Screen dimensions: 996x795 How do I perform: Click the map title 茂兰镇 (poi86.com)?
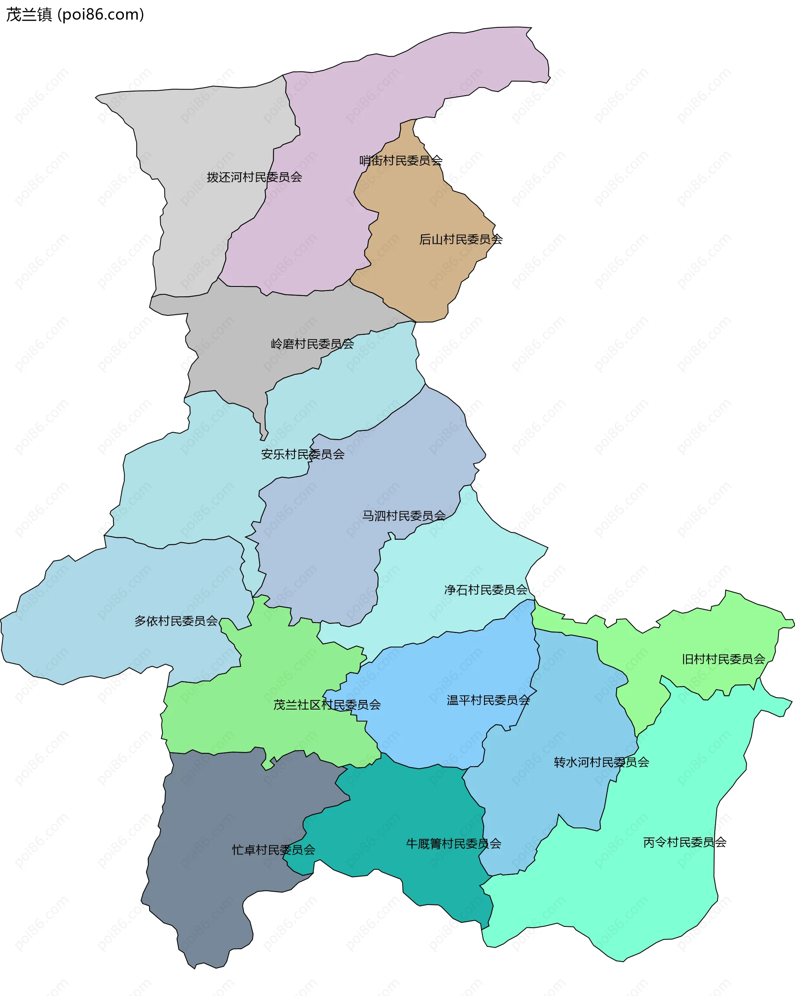click(75, 15)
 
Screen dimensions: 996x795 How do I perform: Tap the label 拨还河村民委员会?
click(254, 178)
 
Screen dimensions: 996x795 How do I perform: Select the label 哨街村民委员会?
click(401, 161)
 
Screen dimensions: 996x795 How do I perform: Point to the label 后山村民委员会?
click(460, 240)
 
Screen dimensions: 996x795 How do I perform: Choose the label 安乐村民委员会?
click(303, 455)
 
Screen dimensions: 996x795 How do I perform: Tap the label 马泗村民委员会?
click(404, 516)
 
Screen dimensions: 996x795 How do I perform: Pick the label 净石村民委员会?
click(486, 590)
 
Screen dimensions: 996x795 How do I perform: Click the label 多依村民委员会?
click(176, 621)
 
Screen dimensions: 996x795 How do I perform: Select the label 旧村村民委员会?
click(723, 659)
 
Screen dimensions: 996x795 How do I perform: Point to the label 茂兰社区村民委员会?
click(327, 705)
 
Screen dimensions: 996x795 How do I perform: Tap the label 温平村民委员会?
click(488, 700)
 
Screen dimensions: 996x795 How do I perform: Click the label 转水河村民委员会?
click(601, 762)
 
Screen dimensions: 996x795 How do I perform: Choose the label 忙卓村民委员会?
click(274, 850)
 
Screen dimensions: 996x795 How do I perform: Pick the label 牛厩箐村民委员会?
click(453, 844)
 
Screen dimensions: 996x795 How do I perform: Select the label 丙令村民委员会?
click(684, 843)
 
